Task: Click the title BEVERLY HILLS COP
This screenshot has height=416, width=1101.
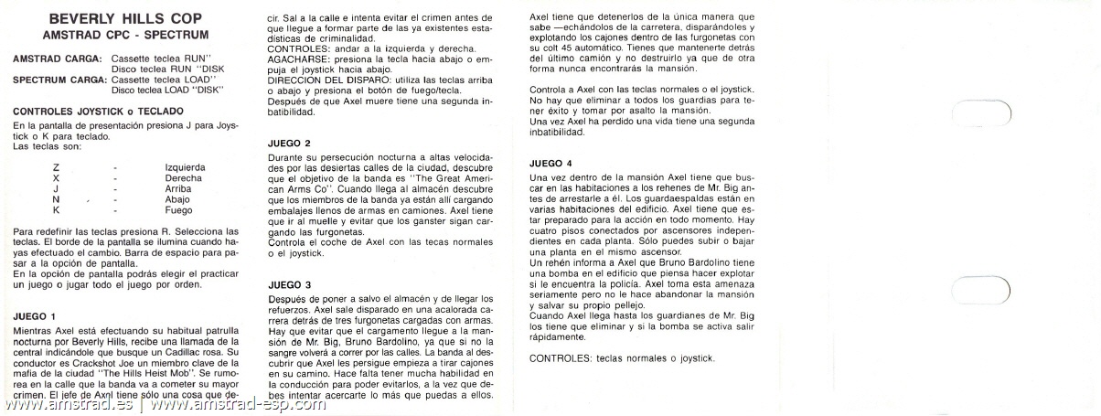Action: pyautogui.click(x=126, y=18)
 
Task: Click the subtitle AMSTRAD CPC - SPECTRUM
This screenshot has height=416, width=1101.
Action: pyautogui.click(x=126, y=35)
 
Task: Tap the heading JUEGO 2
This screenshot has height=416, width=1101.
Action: pyautogui.click(x=290, y=143)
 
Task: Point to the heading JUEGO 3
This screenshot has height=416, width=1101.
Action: pyautogui.click(x=290, y=284)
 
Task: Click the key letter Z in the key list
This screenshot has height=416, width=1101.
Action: pyautogui.click(x=57, y=167)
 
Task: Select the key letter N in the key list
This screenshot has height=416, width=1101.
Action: pyautogui.click(x=57, y=198)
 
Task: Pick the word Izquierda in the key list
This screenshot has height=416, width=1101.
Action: pyautogui.click(x=185, y=167)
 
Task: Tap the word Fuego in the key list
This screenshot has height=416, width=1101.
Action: pyautogui.click(x=178, y=209)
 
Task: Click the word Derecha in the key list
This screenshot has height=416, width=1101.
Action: pyautogui.click(x=183, y=177)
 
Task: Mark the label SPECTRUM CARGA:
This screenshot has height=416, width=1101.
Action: pyautogui.click(x=58, y=79)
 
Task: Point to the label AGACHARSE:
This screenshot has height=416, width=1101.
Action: pyautogui.click(x=297, y=83)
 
